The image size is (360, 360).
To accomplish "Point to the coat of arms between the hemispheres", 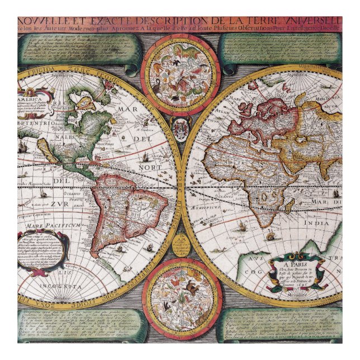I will point(180,129).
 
